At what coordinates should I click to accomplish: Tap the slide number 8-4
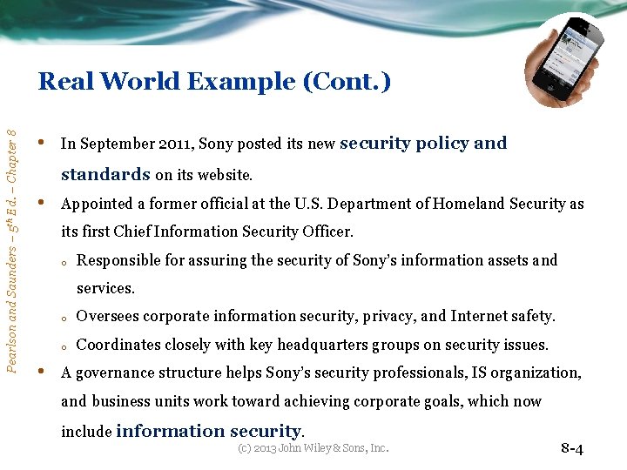tap(572, 449)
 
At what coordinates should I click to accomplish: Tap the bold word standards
tap(105, 174)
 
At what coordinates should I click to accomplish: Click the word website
tap(226, 175)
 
